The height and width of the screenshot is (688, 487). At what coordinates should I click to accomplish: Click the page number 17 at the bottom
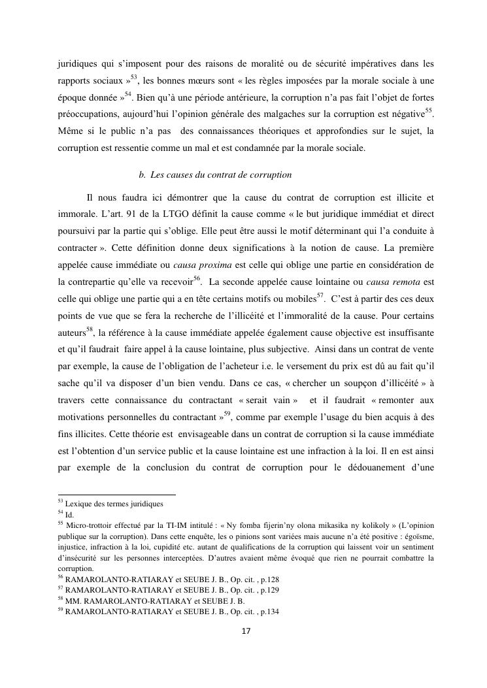tap(246, 631)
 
